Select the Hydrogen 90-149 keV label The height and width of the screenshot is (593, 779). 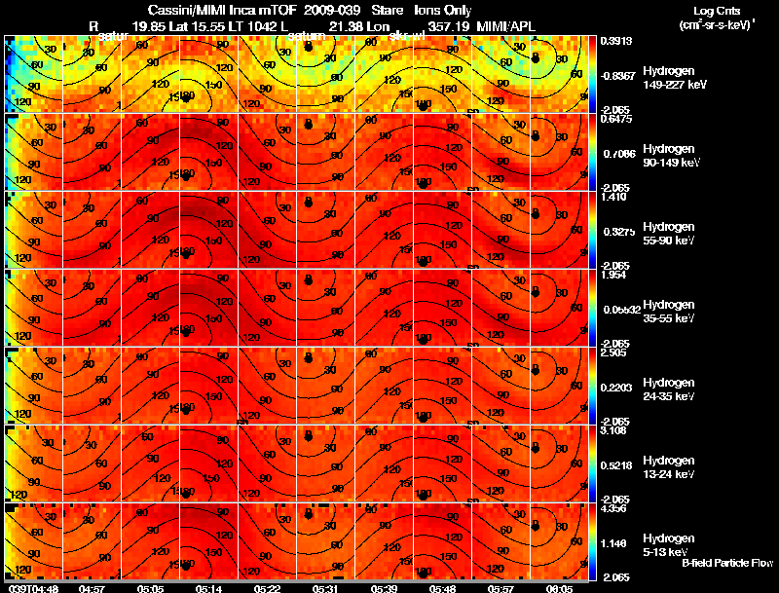pyautogui.click(x=667, y=156)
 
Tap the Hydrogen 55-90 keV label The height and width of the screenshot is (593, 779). pyautogui.click(x=667, y=234)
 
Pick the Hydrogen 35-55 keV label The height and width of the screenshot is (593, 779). pyautogui.click(x=667, y=312)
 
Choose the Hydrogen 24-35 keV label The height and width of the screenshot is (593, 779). pyautogui.click(x=667, y=389)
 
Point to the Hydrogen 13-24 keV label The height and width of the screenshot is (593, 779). pyautogui.click(x=667, y=467)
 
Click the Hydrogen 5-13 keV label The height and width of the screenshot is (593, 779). pyautogui.click(x=667, y=545)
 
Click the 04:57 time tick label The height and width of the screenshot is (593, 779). pyautogui.click(x=92, y=588)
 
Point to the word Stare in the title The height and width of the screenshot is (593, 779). pyautogui.click(x=387, y=9)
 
